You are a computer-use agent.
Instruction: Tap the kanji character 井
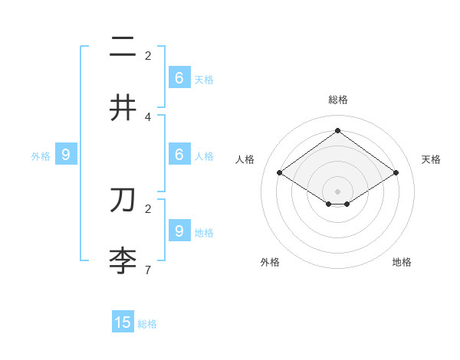pyautogui.click(x=123, y=108)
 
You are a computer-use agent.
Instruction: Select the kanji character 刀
pyautogui.click(x=123, y=200)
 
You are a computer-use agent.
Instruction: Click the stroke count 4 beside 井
pyautogui.click(x=148, y=116)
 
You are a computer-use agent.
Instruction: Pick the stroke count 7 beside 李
pyautogui.click(x=148, y=270)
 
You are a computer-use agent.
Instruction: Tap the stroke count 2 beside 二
pyautogui.click(x=148, y=55)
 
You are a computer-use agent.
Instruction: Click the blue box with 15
pyautogui.click(x=123, y=322)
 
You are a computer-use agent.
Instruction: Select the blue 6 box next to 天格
pyautogui.click(x=179, y=77)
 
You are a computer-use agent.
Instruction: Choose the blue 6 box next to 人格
pyautogui.click(x=179, y=154)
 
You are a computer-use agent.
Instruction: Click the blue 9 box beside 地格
pyautogui.click(x=179, y=231)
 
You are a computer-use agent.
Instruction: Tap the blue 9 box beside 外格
pyautogui.click(x=66, y=154)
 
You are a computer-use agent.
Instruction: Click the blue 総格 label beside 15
pyautogui.click(x=147, y=324)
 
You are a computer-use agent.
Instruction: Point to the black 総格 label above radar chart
pyautogui.click(x=337, y=100)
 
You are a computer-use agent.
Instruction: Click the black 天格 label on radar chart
pyautogui.click(x=431, y=159)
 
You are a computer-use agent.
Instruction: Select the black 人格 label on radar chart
pyautogui.click(x=245, y=159)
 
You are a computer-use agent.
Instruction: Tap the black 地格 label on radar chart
pyautogui.click(x=402, y=262)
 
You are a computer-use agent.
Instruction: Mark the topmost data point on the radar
pyautogui.click(x=337, y=130)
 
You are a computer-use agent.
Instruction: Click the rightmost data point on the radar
pyautogui.click(x=396, y=173)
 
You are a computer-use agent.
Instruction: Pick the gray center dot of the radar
pyautogui.click(x=337, y=191)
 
